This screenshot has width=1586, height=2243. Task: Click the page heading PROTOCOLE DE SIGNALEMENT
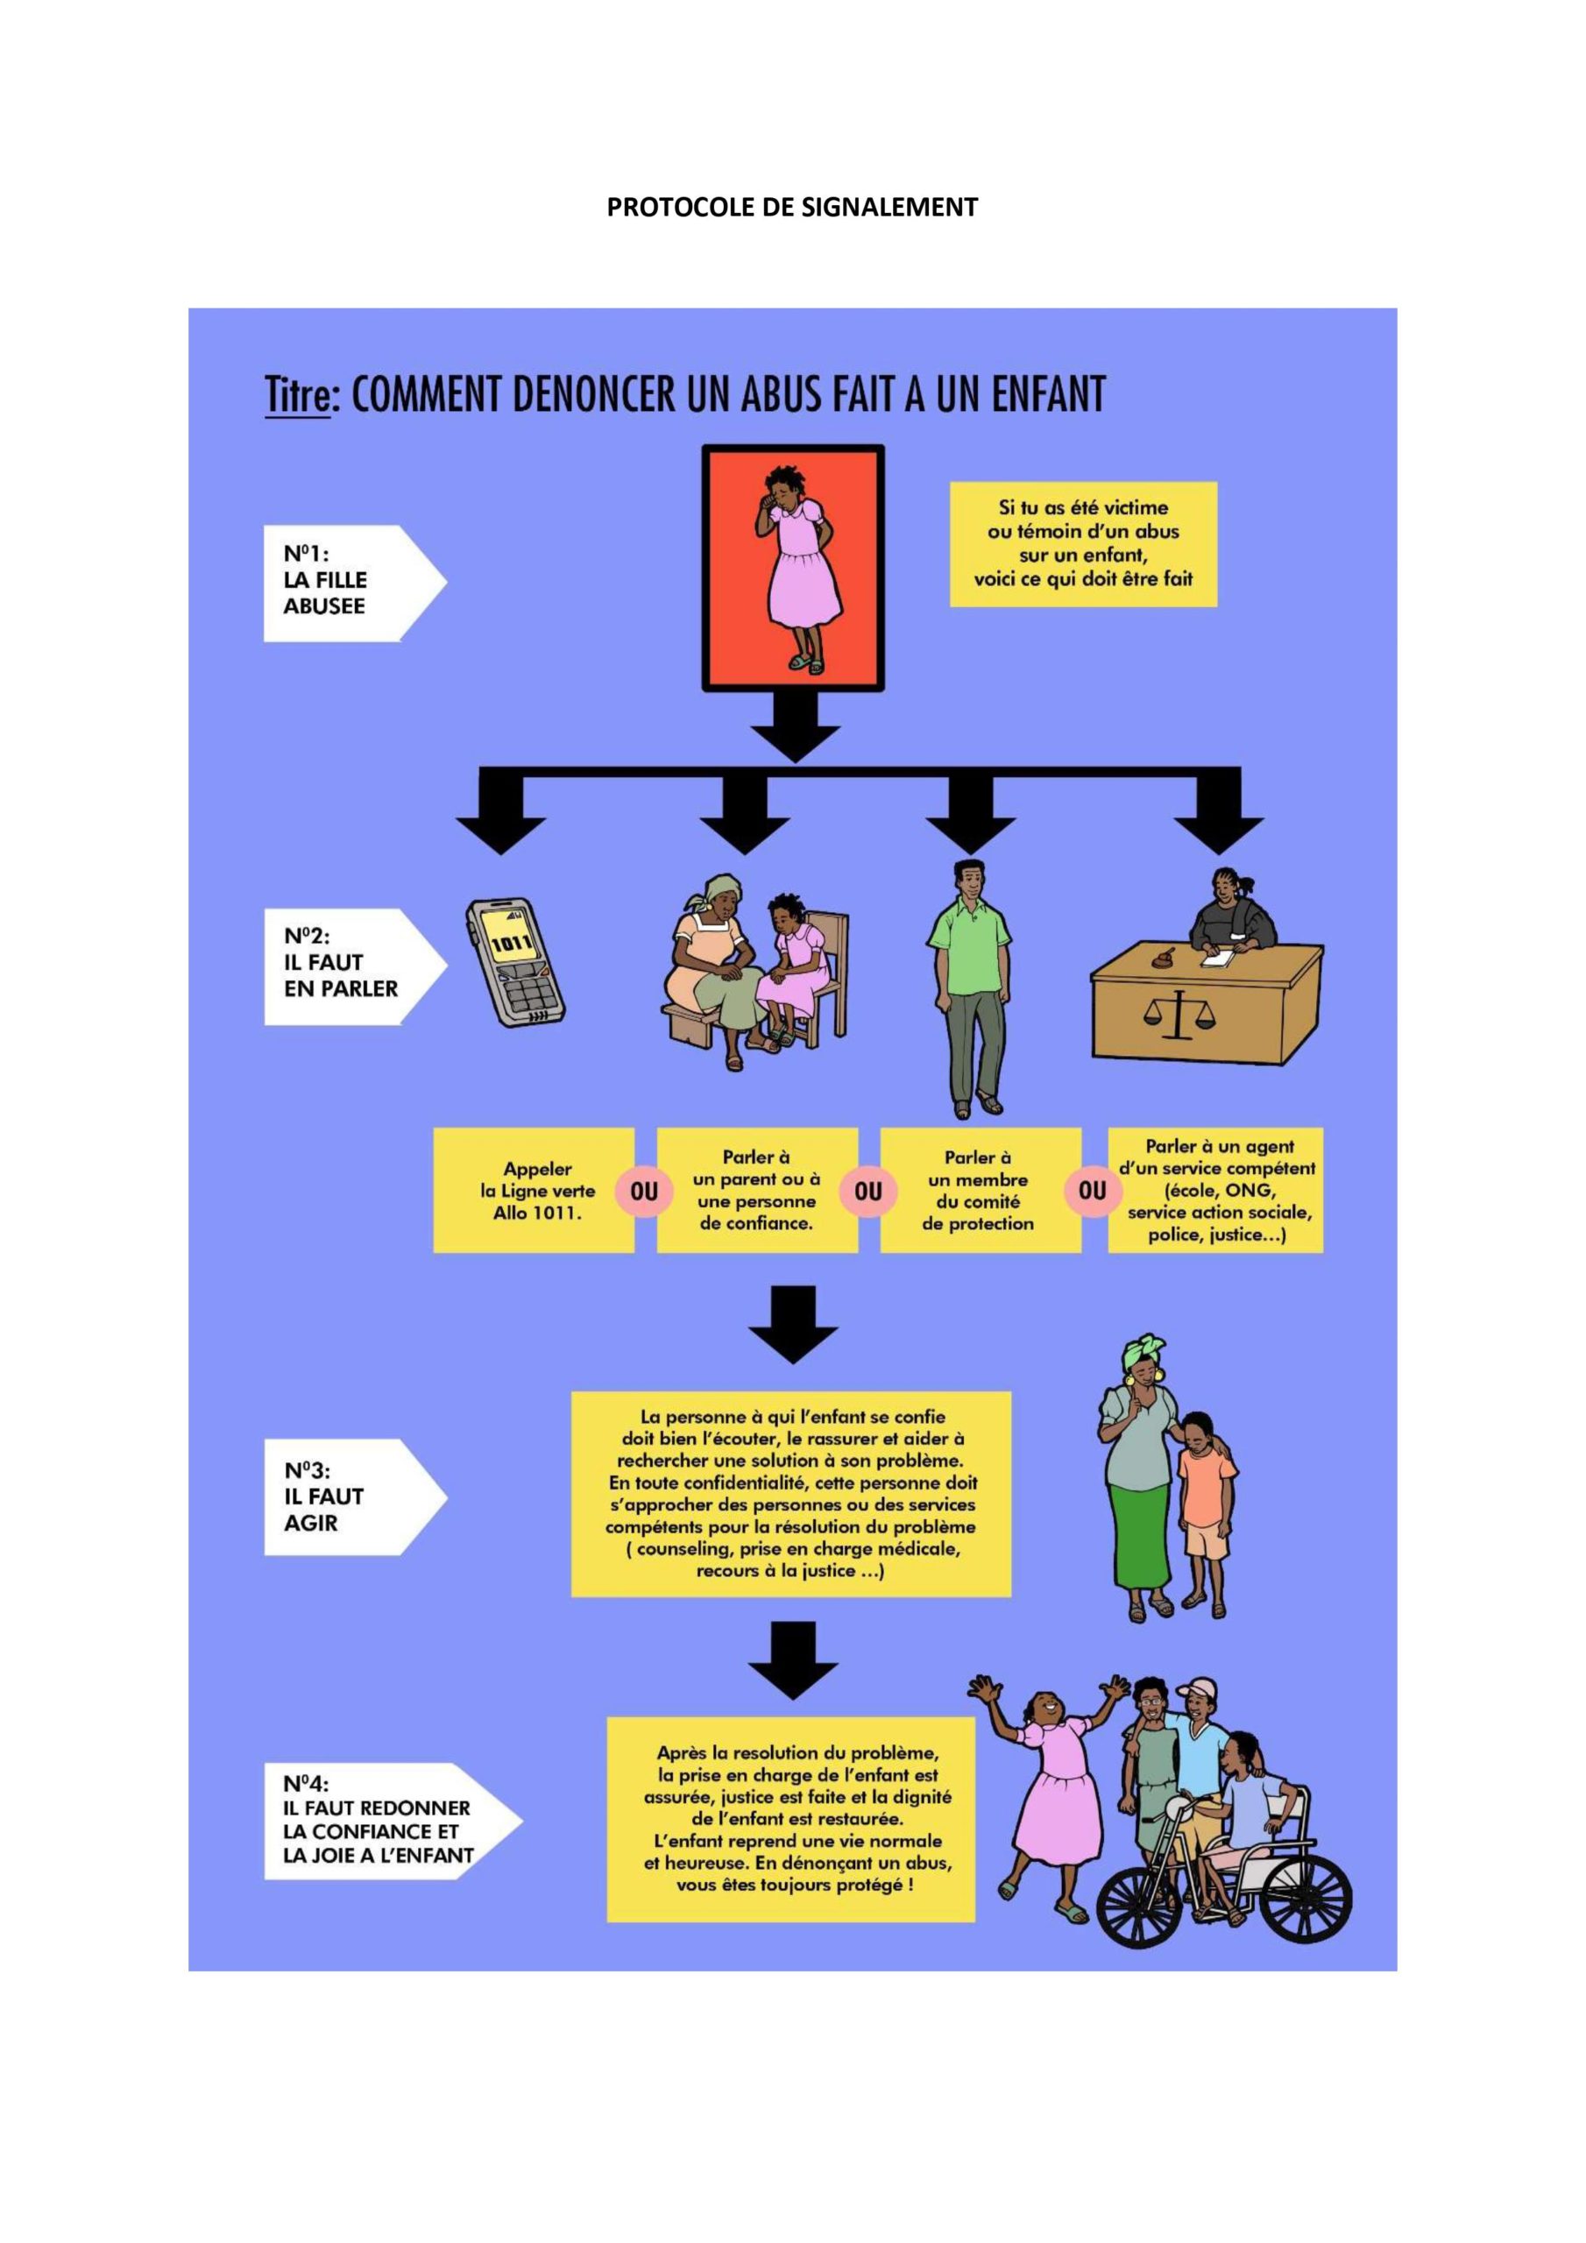pyautogui.click(x=791, y=207)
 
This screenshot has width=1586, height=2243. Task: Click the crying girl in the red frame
pyautogui.click(x=794, y=567)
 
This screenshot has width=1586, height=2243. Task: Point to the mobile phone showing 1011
pyautogui.click(x=515, y=961)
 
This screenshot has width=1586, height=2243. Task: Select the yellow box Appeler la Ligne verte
pyautogui.click(x=534, y=1190)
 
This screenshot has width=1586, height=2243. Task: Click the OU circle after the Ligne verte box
pyautogui.click(x=644, y=1192)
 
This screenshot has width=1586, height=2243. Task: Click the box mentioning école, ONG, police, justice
pyautogui.click(x=1216, y=1190)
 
